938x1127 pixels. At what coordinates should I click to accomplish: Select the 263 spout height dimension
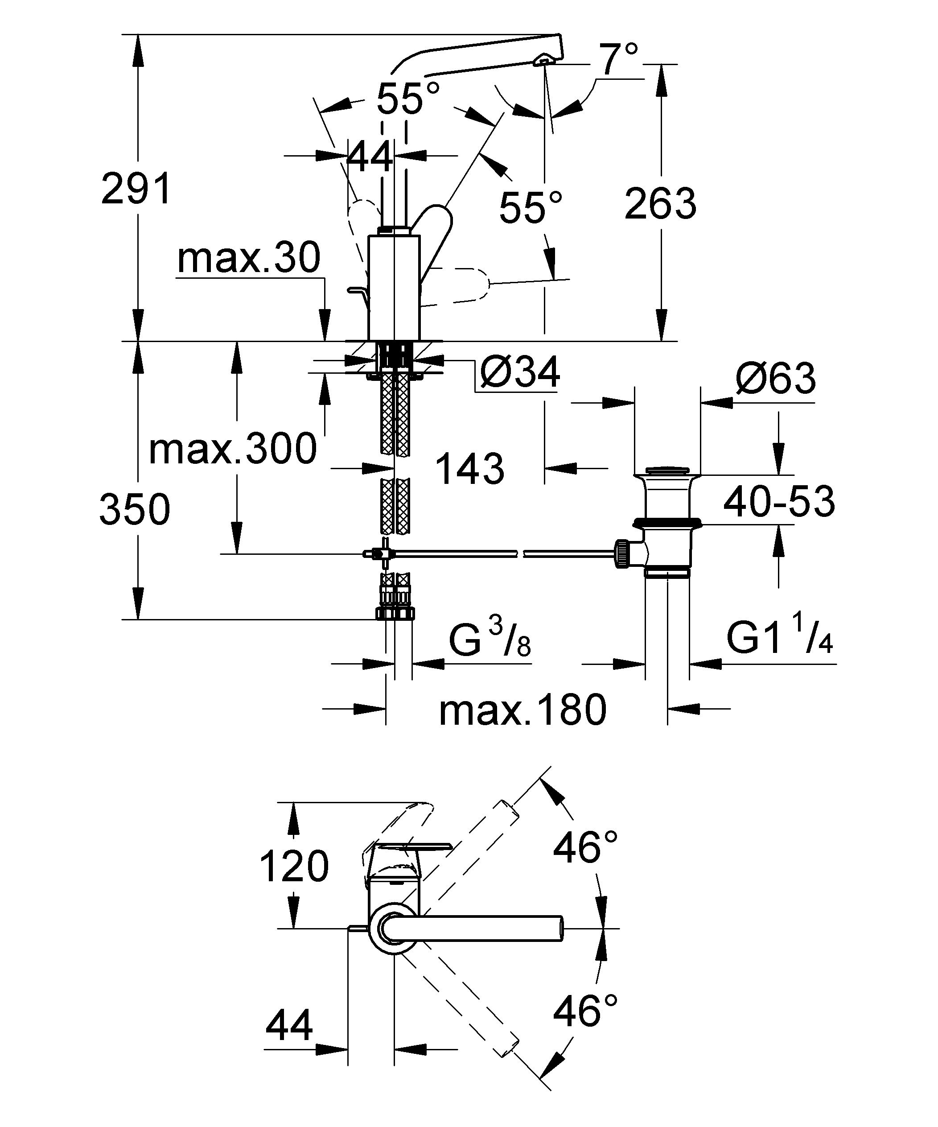[x=660, y=204]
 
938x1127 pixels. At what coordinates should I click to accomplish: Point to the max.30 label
[x=248, y=258]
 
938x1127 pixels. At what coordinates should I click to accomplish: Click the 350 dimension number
[x=135, y=509]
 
